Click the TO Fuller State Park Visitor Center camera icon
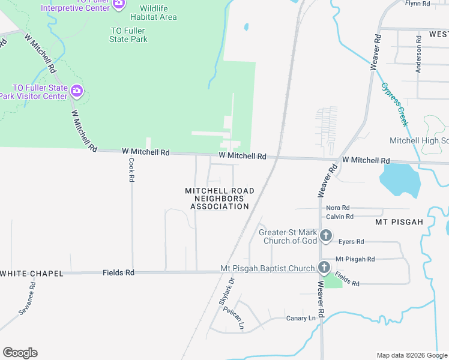pos(76,91)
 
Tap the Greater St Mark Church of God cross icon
pos(326,235)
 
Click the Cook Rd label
pos(131,170)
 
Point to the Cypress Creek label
pos(394,104)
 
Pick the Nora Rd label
pos(337,208)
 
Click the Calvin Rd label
pos(340,217)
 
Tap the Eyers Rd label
pos(351,242)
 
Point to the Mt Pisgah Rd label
pos(355,259)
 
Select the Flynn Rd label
pos(418,4)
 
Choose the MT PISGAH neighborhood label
pos(399,222)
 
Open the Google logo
pos(20,353)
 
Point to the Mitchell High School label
pos(419,140)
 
